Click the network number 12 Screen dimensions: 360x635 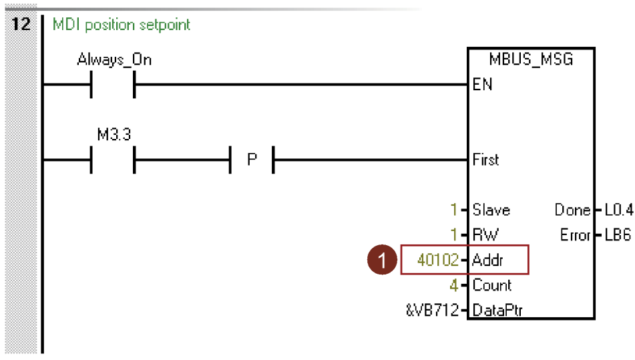[x=22, y=25]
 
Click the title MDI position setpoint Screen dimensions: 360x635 [x=121, y=25]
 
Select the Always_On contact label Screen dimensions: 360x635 [x=114, y=59]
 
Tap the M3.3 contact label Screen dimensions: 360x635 [x=114, y=135]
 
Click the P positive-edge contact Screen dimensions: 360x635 [x=252, y=160]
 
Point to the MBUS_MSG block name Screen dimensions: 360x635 [x=531, y=60]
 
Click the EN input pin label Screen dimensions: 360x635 [x=482, y=85]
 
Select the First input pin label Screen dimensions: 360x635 [x=485, y=160]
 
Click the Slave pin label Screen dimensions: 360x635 [x=491, y=210]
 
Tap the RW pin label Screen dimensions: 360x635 [x=485, y=235]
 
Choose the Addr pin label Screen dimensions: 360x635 [x=487, y=260]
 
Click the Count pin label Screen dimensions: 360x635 [x=491, y=285]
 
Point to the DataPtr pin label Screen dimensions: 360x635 [x=497, y=311]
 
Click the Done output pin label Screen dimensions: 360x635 [x=572, y=210]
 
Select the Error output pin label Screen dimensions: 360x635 [x=574, y=235]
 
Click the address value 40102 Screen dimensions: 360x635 [x=437, y=260]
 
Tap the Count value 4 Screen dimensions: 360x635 [x=453, y=285]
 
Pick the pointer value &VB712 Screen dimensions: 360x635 [x=433, y=311]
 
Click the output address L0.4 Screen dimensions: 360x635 [x=618, y=210]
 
